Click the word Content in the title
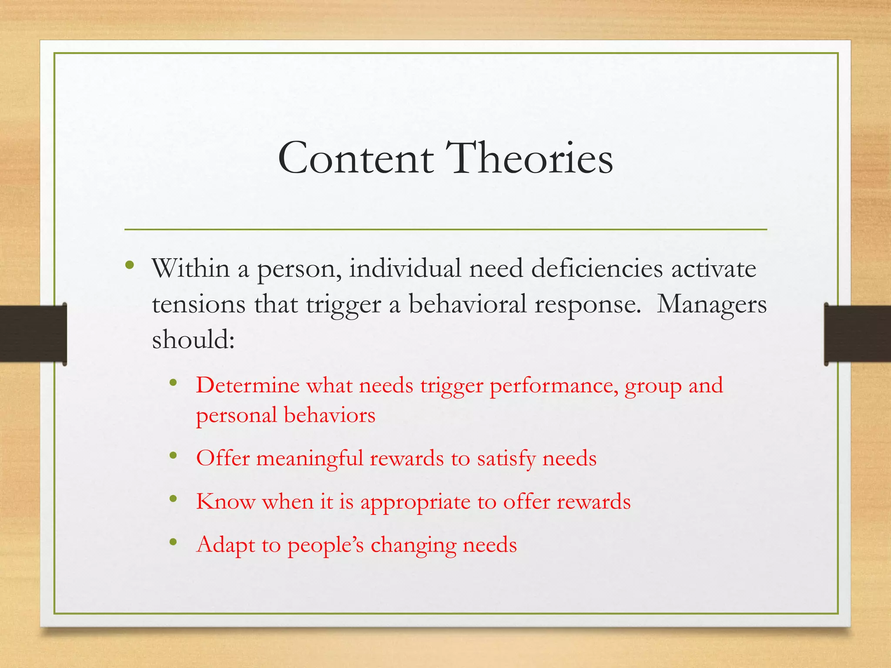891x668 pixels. [x=356, y=158]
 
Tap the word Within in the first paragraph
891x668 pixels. [x=191, y=268]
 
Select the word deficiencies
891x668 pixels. [x=597, y=268]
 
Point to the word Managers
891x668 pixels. [x=711, y=304]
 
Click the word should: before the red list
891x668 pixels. [x=193, y=340]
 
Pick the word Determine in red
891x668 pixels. [x=248, y=385]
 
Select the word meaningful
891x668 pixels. [x=309, y=459]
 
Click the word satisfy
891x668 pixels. [x=506, y=459]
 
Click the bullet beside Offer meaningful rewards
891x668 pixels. [x=173, y=455]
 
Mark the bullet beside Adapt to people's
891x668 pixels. [x=173, y=542]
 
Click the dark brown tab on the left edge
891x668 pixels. [x=33, y=334]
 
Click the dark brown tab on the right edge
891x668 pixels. [x=857, y=334]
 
